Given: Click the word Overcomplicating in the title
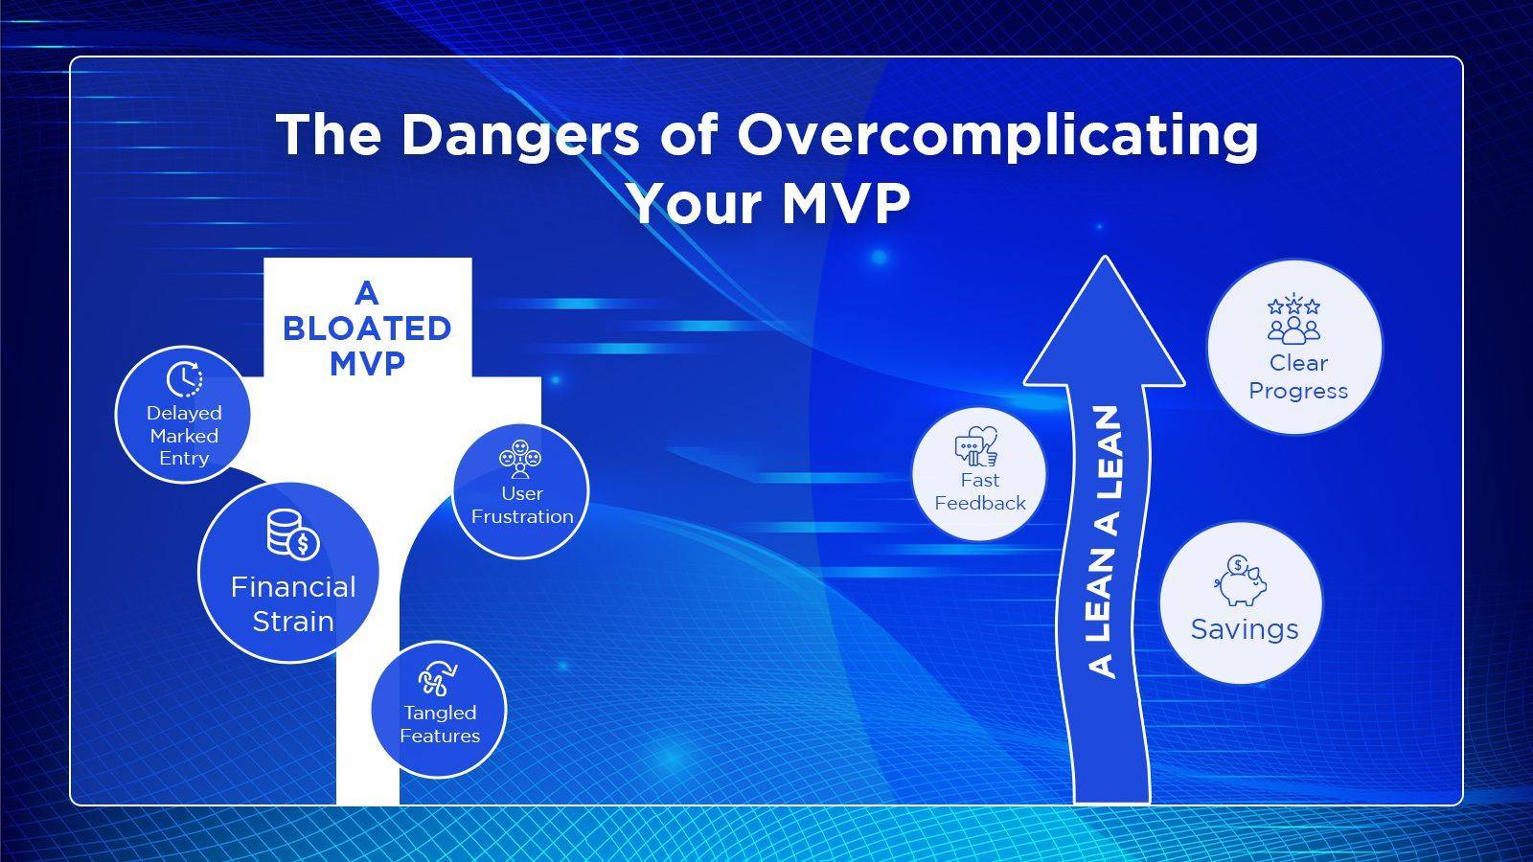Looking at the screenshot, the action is tap(997, 136).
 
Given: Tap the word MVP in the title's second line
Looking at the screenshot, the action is tap(846, 203).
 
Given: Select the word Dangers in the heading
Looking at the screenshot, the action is tap(520, 136).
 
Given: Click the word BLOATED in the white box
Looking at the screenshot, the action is tap(368, 329).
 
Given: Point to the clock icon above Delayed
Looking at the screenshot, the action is tap(184, 379).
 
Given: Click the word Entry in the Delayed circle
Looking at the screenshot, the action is tap(184, 459).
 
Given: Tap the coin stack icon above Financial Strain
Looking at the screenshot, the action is tap(292, 533).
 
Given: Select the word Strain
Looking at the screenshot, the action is tap(293, 622).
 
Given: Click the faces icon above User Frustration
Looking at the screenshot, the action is tap(521, 459).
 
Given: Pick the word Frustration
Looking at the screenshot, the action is tap(522, 516).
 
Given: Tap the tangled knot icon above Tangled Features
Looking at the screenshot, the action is tap(438, 679).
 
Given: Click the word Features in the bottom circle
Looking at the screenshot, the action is tap(440, 737).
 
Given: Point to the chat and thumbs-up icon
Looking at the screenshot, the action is tap(976, 446).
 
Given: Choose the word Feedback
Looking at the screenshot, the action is tap(980, 504).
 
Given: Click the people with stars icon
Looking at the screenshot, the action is tap(1293, 319).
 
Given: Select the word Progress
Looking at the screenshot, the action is tap(1298, 392).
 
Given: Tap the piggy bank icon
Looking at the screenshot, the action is tap(1241, 580).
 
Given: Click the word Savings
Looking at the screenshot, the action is tap(1245, 629).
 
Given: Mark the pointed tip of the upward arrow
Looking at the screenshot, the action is tap(1106, 258).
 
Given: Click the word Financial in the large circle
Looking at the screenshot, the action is tap(293, 587).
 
